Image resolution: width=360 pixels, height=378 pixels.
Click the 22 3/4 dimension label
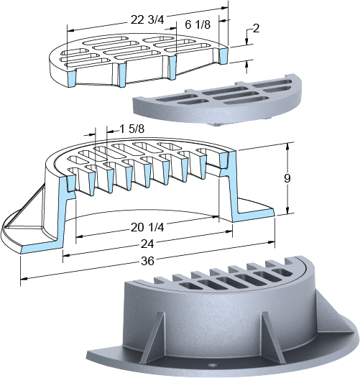(x=147, y=20)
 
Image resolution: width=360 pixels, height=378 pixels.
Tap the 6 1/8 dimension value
(x=198, y=24)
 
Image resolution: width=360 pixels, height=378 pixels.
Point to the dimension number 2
(x=256, y=29)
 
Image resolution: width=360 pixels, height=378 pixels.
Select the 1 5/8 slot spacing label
(x=132, y=129)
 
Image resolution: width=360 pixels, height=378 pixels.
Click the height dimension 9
(x=287, y=179)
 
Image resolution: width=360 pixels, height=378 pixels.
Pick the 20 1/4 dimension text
(x=147, y=227)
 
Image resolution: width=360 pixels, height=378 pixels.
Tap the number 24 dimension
(x=147, y=244)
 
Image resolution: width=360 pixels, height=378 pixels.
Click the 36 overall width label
(x=147, y=261)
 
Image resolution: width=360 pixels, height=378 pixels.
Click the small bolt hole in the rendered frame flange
(x=212, y=366)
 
